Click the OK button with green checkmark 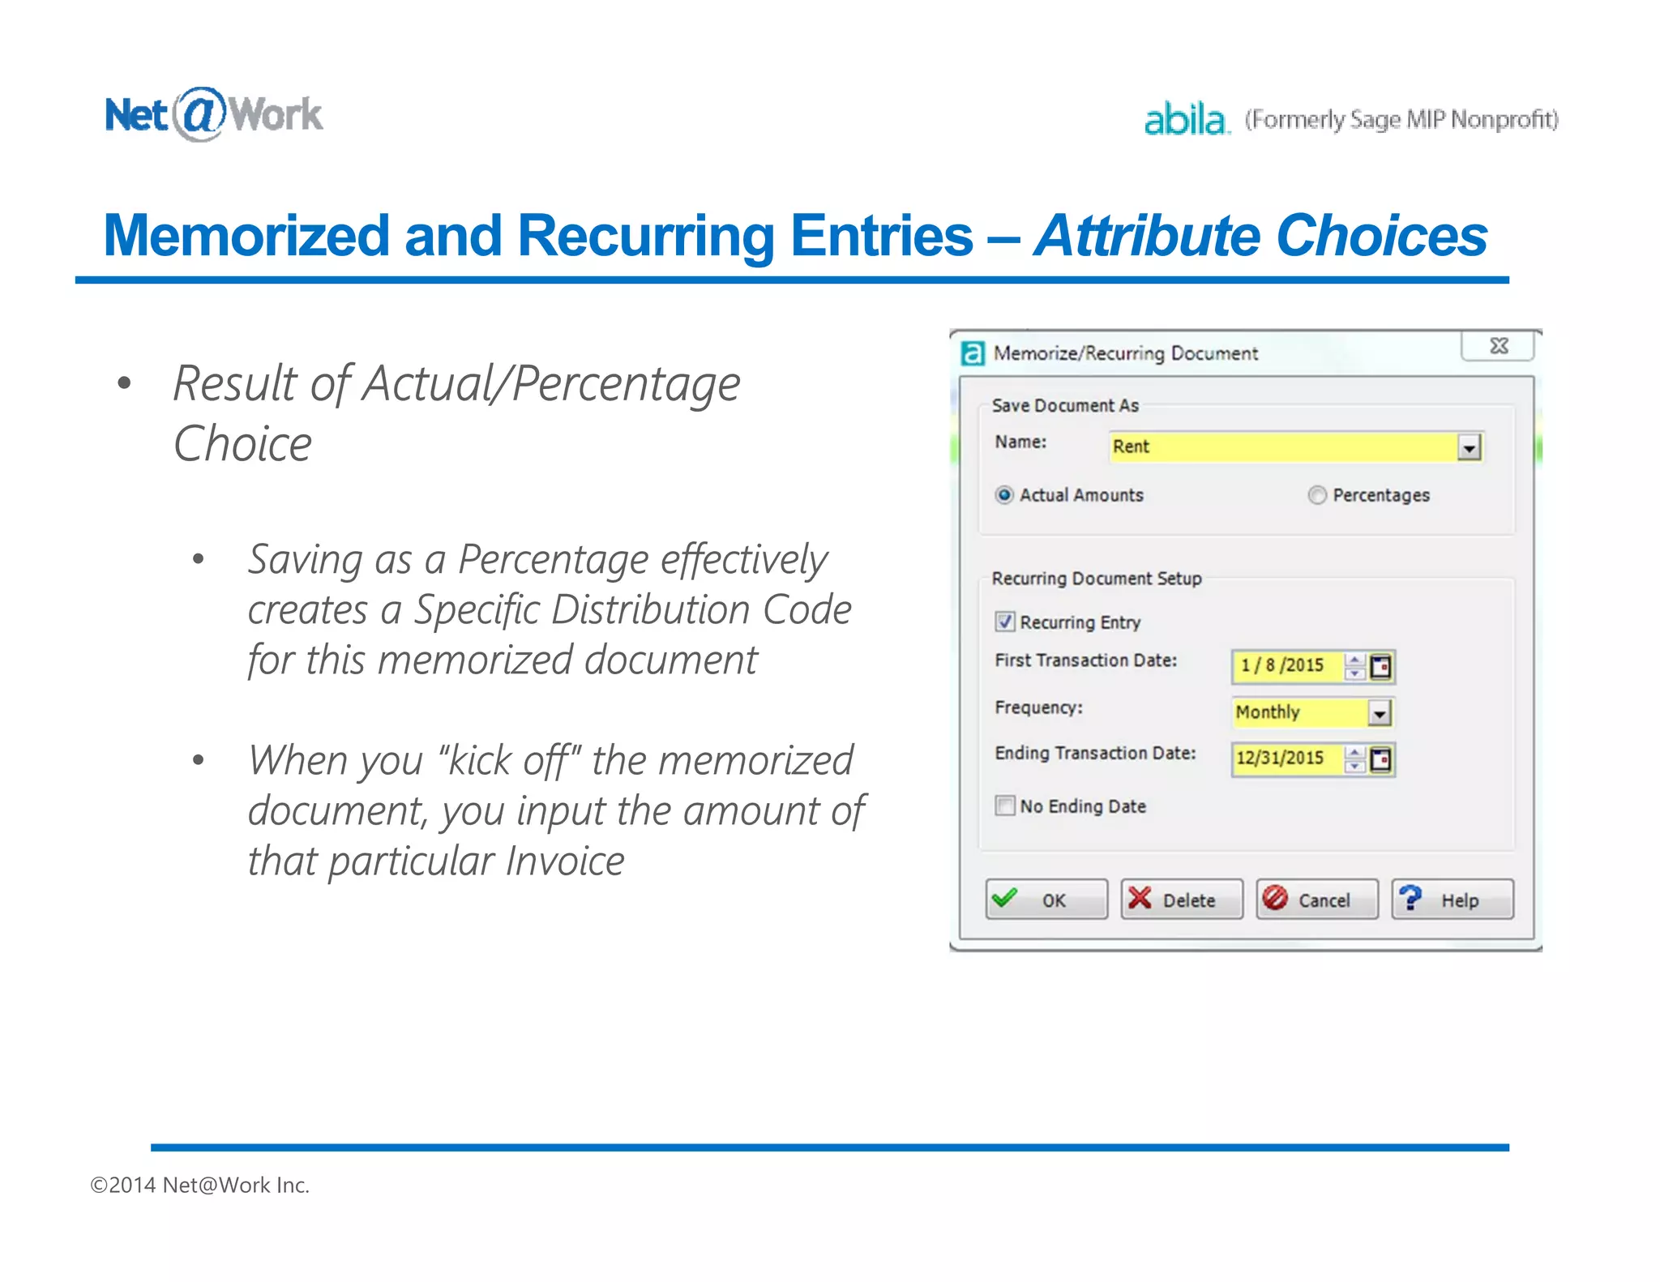tap(1046, 900)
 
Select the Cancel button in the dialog tap(1316, 900)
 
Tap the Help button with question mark tap(1452, 900)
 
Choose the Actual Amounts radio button tap(1005, 495)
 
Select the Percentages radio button tap(1317, 495)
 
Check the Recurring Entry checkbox tap(1005, 622)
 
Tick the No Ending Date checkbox tap(1005, 806)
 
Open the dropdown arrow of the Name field tap(1469, 447)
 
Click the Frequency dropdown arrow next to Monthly tap(1380, 713)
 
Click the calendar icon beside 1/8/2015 tap(1380, 666)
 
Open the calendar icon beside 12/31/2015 tap(1380, 759)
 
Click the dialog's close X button tap(1498, 347)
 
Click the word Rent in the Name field tap(1131, 447)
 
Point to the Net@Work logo tap(213, 114)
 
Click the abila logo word tap(1185, 119)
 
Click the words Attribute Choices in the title tap(1260, 236)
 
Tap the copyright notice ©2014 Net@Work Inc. tap(200, 1185)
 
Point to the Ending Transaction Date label tap(1095, 753)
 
